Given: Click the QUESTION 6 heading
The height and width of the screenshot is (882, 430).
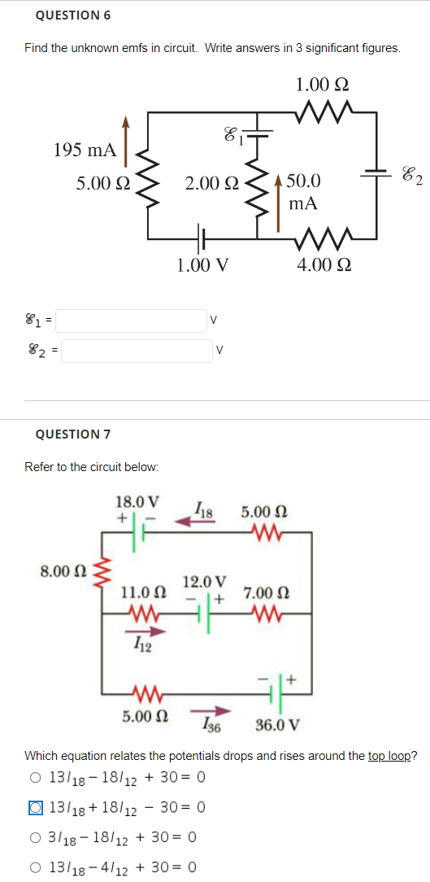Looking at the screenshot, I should [x=73, y=15].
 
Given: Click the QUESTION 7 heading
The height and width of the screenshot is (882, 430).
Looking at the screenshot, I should [x=73, y=434].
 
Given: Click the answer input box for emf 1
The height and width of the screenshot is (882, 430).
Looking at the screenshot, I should [x=131, y=321].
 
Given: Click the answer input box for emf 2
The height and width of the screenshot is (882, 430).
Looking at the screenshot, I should [x=137, y=351].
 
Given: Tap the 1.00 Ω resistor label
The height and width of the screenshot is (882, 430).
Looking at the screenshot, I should [x=323, y=84].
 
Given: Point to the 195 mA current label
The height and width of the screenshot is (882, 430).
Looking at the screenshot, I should [x=85, y=151].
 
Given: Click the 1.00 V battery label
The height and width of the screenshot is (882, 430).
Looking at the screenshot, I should [x=202, y=264].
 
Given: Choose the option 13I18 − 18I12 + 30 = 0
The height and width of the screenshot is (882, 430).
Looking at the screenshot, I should [x=35, y=777].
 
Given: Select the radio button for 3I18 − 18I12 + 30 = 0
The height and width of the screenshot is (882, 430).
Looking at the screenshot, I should [x=35, y=837].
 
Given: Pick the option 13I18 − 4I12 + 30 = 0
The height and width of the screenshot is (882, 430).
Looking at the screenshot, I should [x=35, y=867].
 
